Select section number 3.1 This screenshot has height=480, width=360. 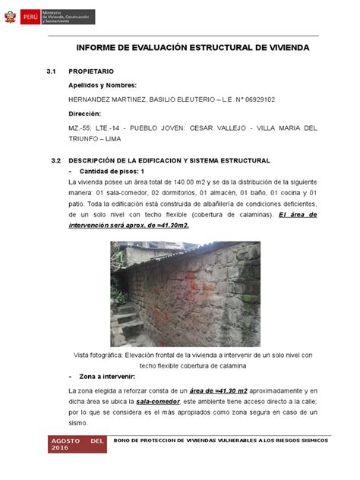pyautogui.click(x=52, y=72)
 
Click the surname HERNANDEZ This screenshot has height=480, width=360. pyautogui.click(x=94, y=99)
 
